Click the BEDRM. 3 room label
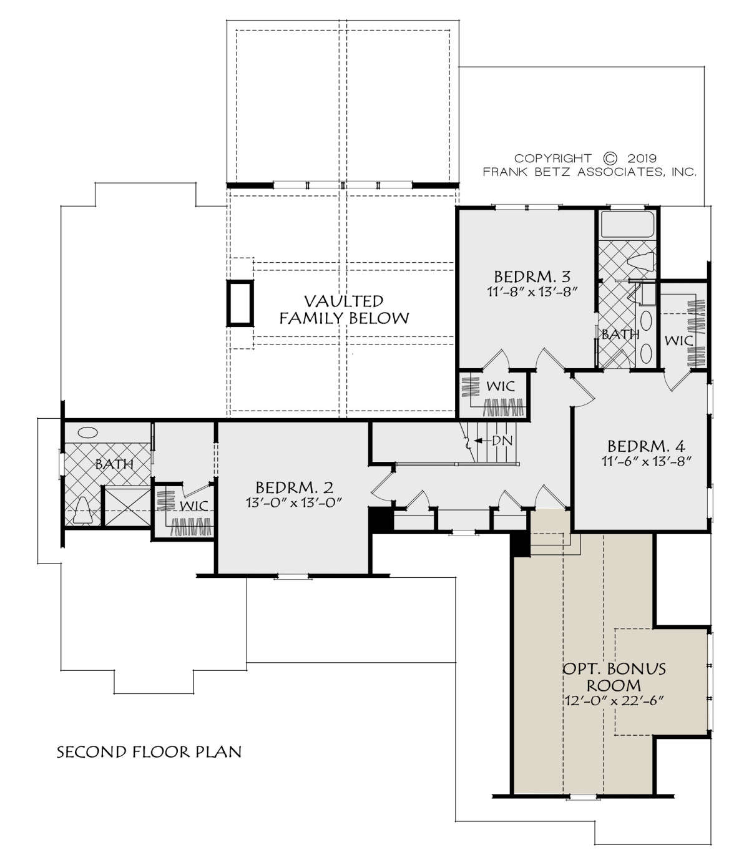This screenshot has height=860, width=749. point(532,277)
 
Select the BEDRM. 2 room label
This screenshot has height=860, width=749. point(294,487)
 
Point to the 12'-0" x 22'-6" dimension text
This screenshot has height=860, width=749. point(614,701)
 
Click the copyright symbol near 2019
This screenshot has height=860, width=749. point(610,158)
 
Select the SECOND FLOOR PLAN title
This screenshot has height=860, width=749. point(149,752)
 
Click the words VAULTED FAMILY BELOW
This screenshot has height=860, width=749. point(344,310)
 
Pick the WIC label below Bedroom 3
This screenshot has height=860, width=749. point(500,386)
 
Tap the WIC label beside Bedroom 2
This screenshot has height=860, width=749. point(193,506)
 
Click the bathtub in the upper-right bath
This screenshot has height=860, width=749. point(627,225)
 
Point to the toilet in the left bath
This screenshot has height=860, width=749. point(82,511)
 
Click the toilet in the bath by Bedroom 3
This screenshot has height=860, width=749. point(641,261)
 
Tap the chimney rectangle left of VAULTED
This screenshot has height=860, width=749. point(240,303)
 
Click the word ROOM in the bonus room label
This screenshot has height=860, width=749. point(614,685)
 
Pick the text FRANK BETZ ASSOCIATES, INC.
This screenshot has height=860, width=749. point(590,172)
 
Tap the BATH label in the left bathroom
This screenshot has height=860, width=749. point(114,464)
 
